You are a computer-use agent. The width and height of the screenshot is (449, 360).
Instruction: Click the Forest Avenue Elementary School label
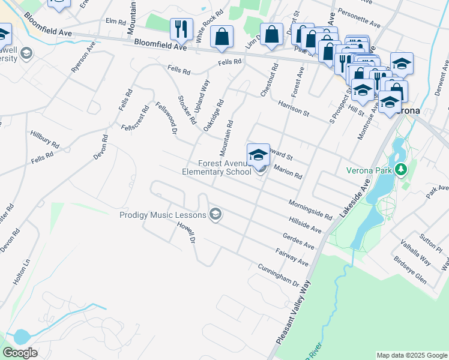pyautogui.click(x=217, y=167)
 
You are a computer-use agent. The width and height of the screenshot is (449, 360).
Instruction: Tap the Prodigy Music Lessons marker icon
pyautogui.click(x=215, y=214)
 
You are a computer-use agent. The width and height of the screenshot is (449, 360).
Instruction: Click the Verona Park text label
pyautogui.click(x=370, y=170)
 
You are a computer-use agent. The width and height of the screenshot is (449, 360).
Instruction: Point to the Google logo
pyautogui.click(x=20, y=353)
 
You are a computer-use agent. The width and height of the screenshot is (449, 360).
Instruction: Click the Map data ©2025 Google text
pyautogui.click(x=412, y=355)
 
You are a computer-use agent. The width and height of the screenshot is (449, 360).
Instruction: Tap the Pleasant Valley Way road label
pyautogui.click(x=295, y=312)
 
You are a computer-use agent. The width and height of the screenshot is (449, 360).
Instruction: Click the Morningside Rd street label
pyautogui.click(x=311, y=209)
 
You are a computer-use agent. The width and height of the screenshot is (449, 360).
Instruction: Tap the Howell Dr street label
pyautogui.click(x=186, y=233)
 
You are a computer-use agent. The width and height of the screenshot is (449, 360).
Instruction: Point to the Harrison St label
pyautogui.click(x=293, y=107)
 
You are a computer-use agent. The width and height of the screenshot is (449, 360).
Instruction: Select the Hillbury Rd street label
pyautogui.click(x=46, y=141)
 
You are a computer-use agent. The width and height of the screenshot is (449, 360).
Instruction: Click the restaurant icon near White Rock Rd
pyautogui.click(x=180, y=29)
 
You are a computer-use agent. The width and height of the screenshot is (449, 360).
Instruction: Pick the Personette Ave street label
pyautogui.click(x=359, y=18)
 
